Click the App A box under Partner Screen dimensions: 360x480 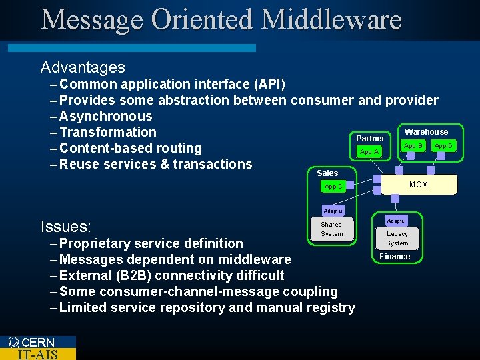(x=369, y=152)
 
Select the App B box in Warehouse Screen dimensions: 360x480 (x=413, y=145)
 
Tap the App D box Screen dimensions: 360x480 (x=443, y=145)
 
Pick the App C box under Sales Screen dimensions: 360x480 (x=334, y=187)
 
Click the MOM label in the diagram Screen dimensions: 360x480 (x=419, y=185)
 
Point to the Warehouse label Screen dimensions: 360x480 (x=426, y=132)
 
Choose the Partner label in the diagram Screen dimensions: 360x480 (x=370, y=139)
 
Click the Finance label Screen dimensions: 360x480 (x=395, y=257)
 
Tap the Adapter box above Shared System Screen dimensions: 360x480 (x=333, y=211)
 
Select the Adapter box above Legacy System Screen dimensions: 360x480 (x=397, y=221)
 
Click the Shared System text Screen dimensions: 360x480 (x=331, y=229)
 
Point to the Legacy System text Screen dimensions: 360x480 (x=397, y=239)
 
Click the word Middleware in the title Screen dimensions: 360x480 (x=331, y=19)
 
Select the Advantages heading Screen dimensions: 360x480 (x=83, y=67)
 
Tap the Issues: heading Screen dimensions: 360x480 (x=66, y=227)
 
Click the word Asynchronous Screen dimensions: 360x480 (x=106, y=116)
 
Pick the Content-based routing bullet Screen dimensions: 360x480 (x=130, y=148)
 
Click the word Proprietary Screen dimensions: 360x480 (x=95, y=243)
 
